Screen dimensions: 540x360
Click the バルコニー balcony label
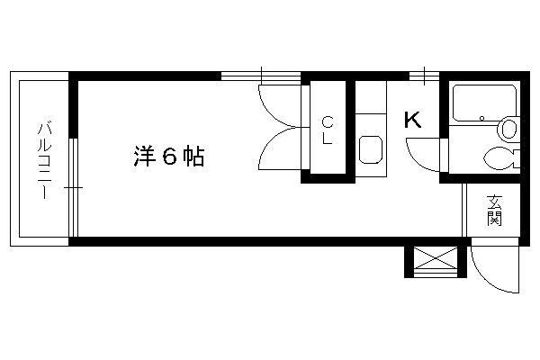(45, 160)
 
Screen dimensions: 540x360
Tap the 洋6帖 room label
(169, 157)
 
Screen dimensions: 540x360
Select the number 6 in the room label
(169, 157)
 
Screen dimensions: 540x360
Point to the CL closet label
(328, 130)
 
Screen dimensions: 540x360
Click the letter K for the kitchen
(412, 120)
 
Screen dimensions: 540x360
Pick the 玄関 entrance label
(494, 211)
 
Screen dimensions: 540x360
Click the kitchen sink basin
(371, 150)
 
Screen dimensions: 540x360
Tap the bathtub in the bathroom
(484, 103)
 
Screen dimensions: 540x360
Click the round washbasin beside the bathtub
(508, 129)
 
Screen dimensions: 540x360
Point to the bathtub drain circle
(481, 119)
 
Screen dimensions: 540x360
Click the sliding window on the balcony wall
(74, 187)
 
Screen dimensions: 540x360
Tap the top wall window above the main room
(261, 76)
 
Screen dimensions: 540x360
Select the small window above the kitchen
(424, 76)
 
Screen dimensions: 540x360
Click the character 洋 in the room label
(144, 157)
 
